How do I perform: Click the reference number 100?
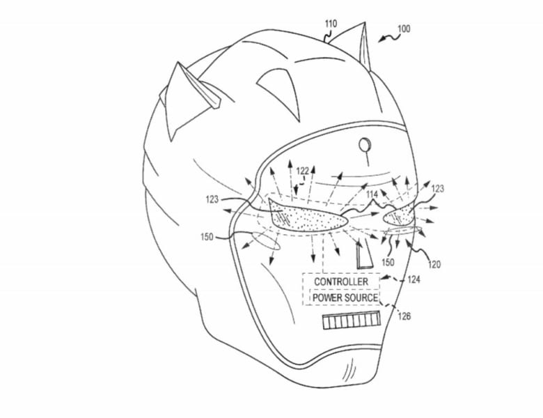click(x=404, y=29)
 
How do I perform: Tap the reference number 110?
click(x=331, y=24)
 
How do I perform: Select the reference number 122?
click(x=303, y=171)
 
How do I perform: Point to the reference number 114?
click(x=372, y=195)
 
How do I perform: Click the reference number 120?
click(x=434, y=265)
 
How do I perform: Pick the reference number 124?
click(x=414, y=279)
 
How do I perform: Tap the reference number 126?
click(x=404, y=316)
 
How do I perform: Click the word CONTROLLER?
click(x=341, y=281)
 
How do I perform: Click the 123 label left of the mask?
click(x=212, y=199)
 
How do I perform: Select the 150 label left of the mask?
click(x=207, y=237)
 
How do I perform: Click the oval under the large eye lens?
click(x=266, y=240)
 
